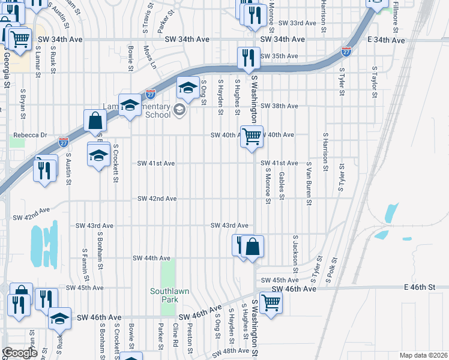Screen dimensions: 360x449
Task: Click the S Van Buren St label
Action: pyautogui.click(x=309, y=183)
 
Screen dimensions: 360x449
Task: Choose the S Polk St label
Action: pyautogui.click(x=330, y=270)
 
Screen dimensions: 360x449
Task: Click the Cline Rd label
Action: pyautogui.click(x=175, y=336)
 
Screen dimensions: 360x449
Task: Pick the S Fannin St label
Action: pyautogui.click(x=86, y=264)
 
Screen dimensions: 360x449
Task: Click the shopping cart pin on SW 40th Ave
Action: pyautogui.click(x=252, y=136)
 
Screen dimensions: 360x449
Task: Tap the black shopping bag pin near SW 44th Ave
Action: pyautogui.click(x=253, y=247)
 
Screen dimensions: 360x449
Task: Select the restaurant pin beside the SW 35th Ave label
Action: pyautogui.click(x=248, y=58)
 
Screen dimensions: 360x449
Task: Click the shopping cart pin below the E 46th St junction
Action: pyautogui.click(x=271, y=302)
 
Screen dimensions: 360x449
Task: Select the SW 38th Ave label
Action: pyautogui.click(x=279, y=106)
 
